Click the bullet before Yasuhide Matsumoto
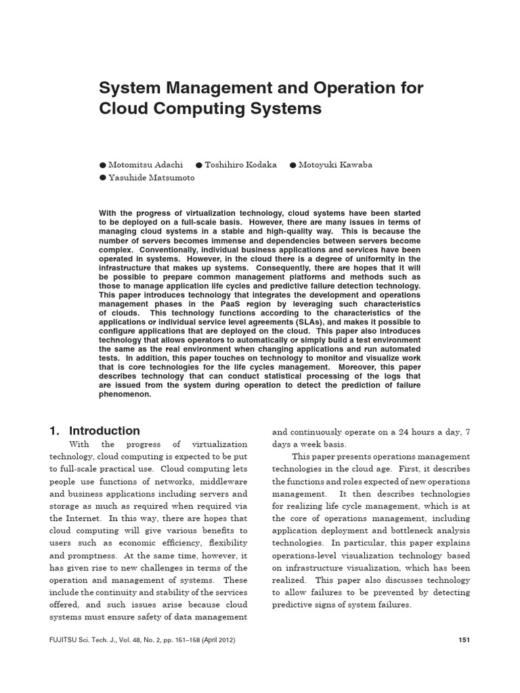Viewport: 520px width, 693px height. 103,178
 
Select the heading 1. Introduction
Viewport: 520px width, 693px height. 95,430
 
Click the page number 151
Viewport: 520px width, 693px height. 464,640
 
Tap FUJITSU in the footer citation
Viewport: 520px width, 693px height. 66,640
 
